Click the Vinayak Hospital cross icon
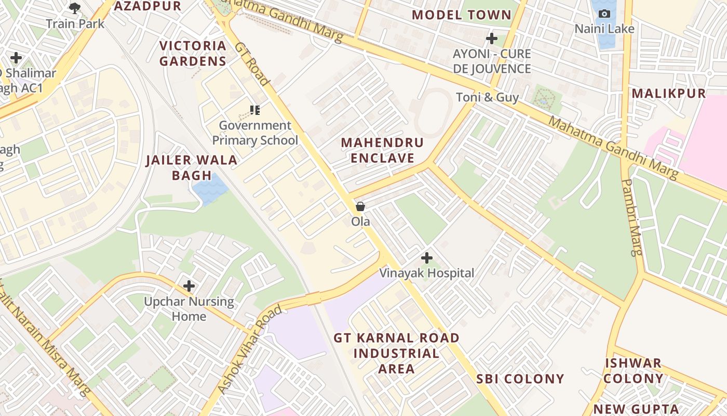426,257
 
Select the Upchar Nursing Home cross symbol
189,285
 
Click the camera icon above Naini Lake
604,14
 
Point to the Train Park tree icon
75,8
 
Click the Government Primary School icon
254,110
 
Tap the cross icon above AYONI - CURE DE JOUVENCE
491,38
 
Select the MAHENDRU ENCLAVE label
382,150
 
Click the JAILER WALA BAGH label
192,167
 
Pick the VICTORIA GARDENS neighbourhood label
193,54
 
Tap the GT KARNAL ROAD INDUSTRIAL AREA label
396,353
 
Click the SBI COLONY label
520,379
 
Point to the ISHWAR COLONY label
633,370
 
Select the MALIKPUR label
669,94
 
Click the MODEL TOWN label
462,15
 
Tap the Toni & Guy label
487,97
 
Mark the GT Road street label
252,63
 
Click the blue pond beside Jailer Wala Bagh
210,189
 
